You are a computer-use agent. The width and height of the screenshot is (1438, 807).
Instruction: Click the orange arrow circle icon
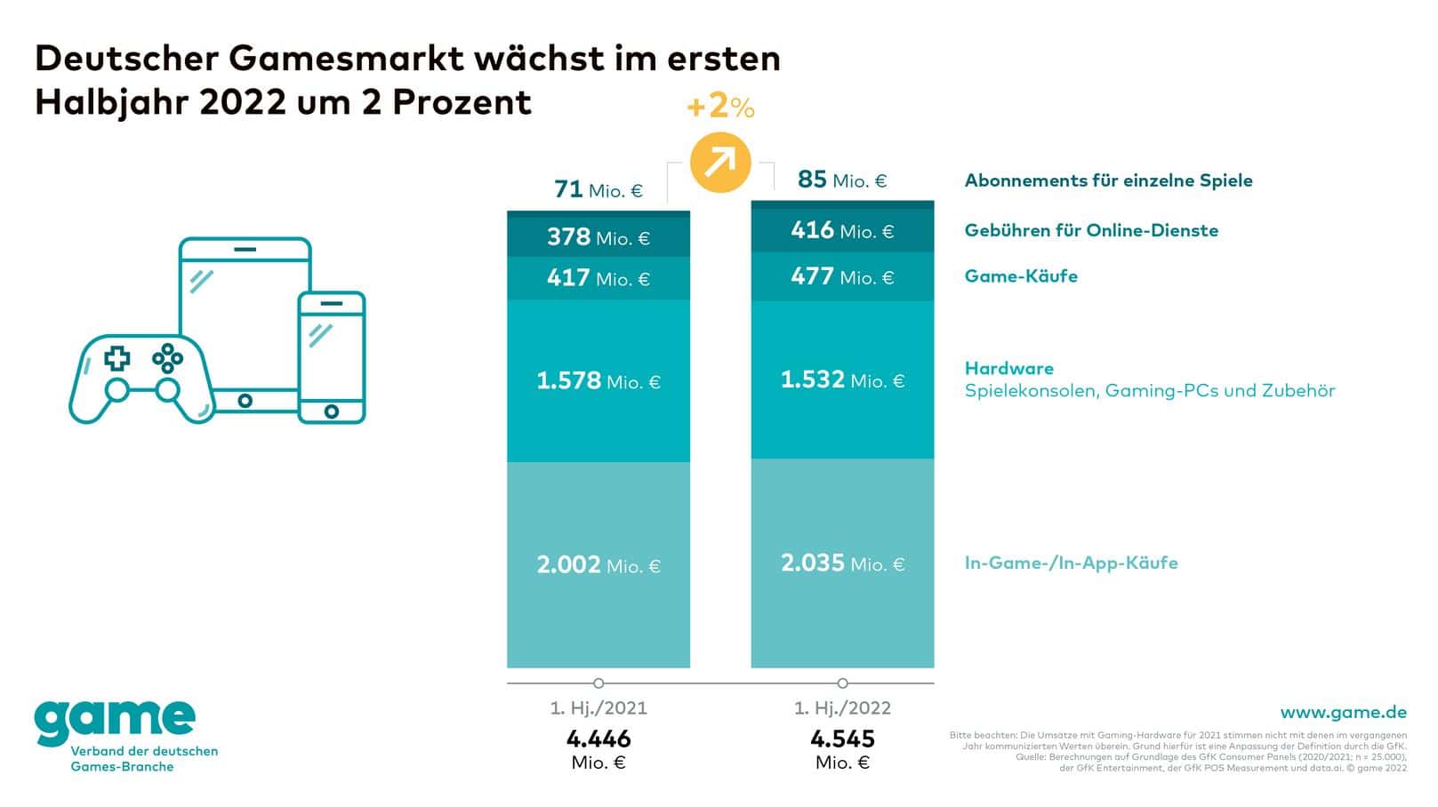pyautogui.click(x=720, y=162)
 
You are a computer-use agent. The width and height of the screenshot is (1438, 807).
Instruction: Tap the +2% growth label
pyautogui.click(x=720, y=108)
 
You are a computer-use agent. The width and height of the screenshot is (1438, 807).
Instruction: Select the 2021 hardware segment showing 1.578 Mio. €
pyautogui.click(x=598, y=381)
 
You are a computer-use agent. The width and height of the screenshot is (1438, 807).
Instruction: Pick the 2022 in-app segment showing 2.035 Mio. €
pyautogui.click(x=842, y=563)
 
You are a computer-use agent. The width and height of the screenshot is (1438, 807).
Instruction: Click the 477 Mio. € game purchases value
pyautogui.click(x=842, y=277)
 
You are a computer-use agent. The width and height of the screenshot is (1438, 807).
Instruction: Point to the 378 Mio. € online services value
pyautogui.click(x=598, y=237)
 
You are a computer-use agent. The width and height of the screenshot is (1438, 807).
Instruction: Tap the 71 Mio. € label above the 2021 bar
pyautogui.click(x=598, y=189)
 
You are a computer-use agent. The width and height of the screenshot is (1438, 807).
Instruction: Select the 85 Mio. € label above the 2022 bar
pyautogui.click(x=842, y=180)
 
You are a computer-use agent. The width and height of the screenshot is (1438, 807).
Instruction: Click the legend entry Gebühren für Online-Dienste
pyautogui.click(x=1091, y=230)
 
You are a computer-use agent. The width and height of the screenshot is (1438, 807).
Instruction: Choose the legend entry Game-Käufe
pyautogui.click(x=1021, y=276)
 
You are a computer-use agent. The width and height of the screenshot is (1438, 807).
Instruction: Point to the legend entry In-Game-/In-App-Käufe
pyautogui.click(x=1071, y=563)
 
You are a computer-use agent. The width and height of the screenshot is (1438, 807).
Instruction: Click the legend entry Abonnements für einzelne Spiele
pyautogui.click(x=1108, y=180)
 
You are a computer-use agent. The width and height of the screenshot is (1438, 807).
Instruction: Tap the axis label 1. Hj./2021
pyautogui.click(x=598, y=708)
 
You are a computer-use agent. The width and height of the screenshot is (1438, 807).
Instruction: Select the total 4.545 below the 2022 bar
pyautogui.click(x=842, y=739)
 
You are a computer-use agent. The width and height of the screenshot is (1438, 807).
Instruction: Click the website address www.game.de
pyautogui.click(x=1343, y=713)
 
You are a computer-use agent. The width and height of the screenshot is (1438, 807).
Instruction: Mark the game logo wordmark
pyautogui.click(x=115, y=721)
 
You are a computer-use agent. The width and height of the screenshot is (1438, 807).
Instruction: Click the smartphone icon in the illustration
pyautogui.click(x=331, y=357)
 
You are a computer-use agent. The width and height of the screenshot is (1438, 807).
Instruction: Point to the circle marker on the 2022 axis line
pyautogui.click(x=842, y=683)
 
